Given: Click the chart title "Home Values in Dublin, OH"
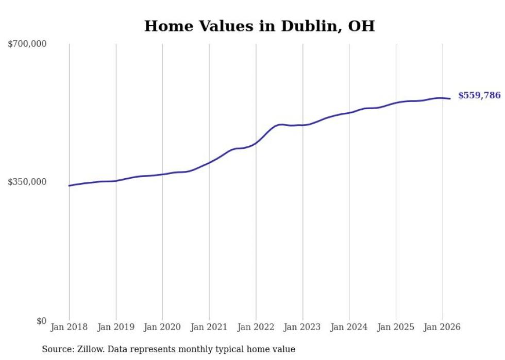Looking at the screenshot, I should click(x=259, y=26).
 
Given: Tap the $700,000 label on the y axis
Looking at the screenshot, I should click(x=27, y=44).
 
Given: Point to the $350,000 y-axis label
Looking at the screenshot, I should click(x=27, y=182).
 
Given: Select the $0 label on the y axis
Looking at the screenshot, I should click(x=41, y=321).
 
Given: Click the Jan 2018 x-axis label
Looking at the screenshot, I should click(x=69, y=327).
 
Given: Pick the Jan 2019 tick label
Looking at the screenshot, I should click(x=116, y=327).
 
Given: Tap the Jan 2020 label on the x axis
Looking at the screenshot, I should click(x=162, y=327).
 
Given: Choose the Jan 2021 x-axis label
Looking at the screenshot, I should click(x=209, y=327).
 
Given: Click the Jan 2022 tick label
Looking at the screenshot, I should click(x=256, y=327).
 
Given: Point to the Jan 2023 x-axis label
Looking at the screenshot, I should click(x=302, y=327).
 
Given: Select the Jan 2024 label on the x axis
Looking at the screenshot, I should click(x=349, y=327).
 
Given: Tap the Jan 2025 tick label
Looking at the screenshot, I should click(x=396, y=327).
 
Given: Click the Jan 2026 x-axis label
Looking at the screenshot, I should click(x=442, y=327).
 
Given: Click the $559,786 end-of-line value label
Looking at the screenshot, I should click(x=479, y=95).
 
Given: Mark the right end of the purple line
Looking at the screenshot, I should click(x=450, y=98).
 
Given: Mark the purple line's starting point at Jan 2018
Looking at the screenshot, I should click(x=69, y=185).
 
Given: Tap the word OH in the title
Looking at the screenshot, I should click(x=361, y=26).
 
